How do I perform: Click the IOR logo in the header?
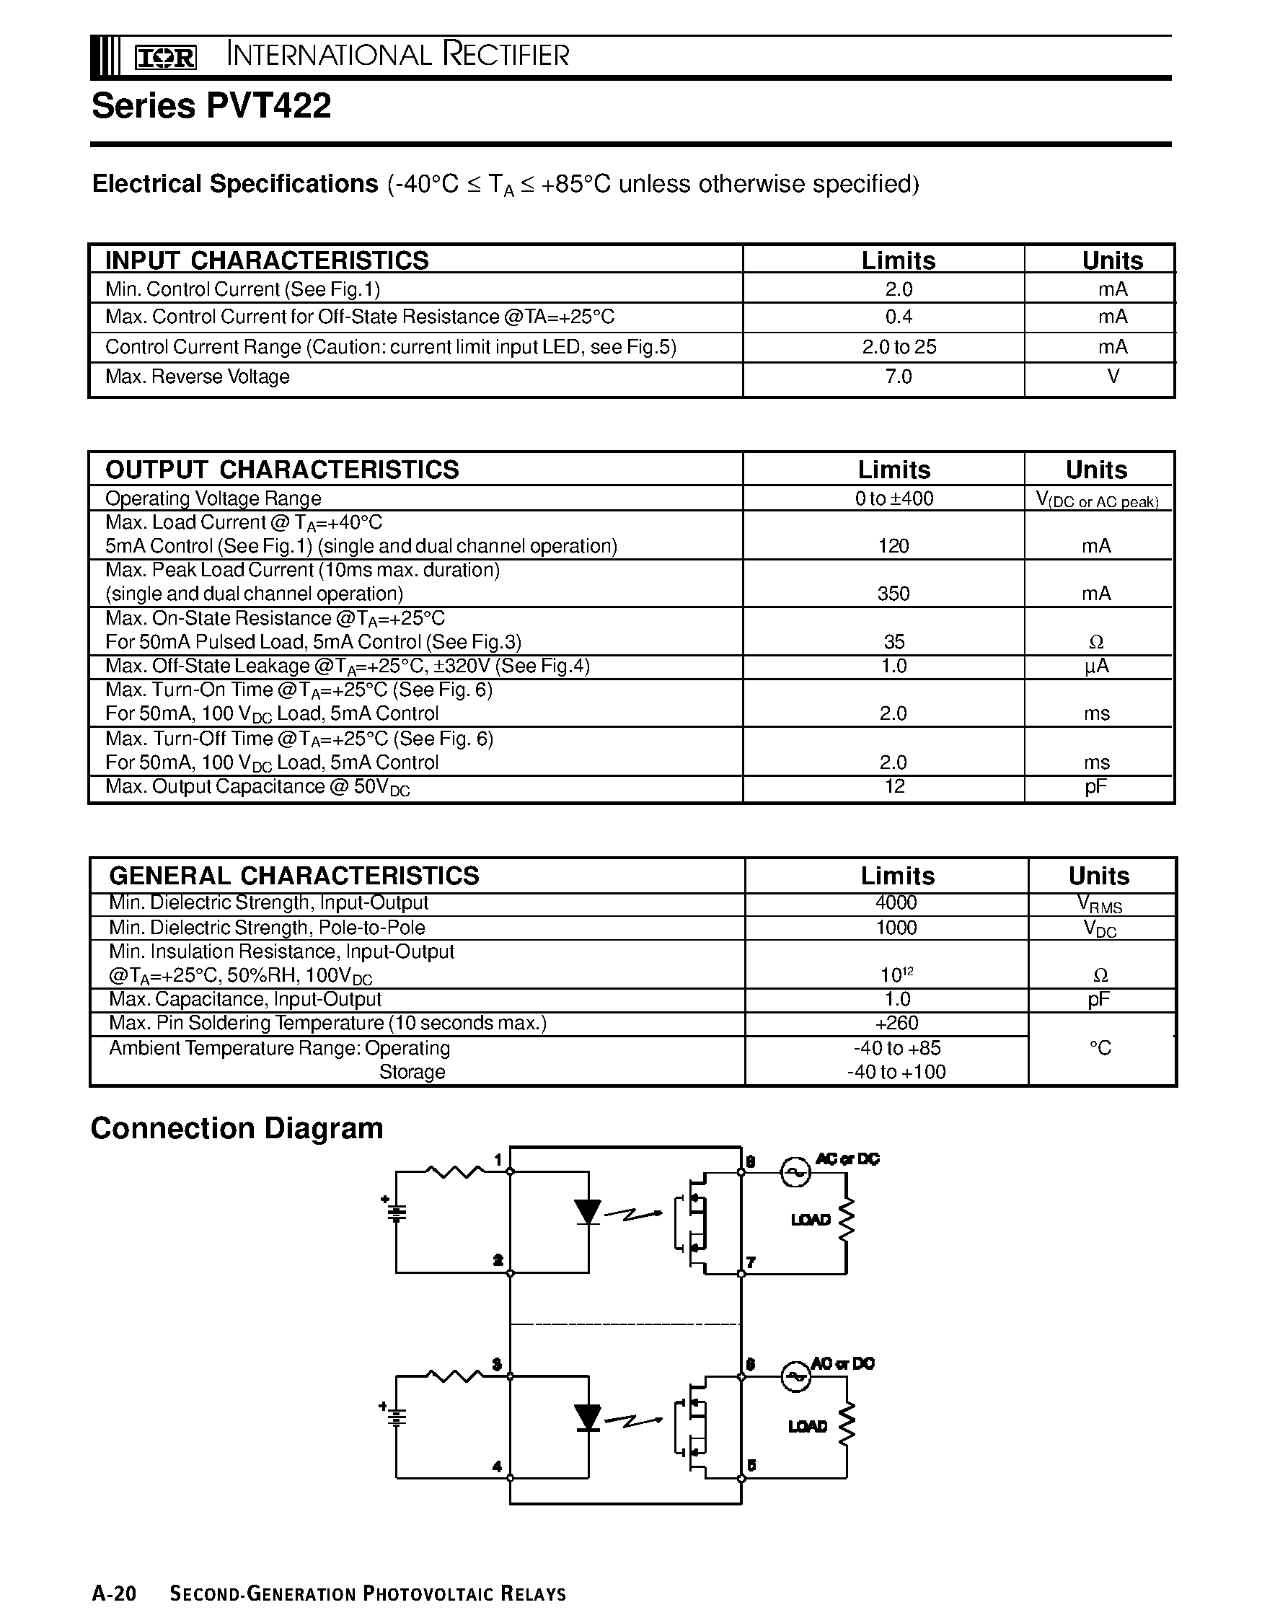coord(165,57)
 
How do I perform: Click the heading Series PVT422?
coord(211,105)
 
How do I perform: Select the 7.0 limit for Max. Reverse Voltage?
coord(898,377)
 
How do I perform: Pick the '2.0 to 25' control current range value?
coord(899,347)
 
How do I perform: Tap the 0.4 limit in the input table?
coord(898,317)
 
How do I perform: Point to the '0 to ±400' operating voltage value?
coord(893,498)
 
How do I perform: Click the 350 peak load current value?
coord(893,594)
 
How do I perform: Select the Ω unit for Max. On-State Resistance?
coord(1095,642)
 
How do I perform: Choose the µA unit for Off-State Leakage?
coord(1096,666)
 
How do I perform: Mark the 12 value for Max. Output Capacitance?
coord(894,786)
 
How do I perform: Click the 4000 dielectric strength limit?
coord(896,903)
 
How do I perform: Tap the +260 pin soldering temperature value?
coord(896,1024)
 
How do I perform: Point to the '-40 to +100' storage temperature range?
coord(896,1072)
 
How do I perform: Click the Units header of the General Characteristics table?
coord(1098,876)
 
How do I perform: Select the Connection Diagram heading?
coord(237,1128)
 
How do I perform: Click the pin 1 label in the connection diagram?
coord(498,1160)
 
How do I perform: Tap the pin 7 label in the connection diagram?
coord(751,1262)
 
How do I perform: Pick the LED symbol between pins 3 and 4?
coord(588,1417)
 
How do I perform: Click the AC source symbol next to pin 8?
coord(794,1173)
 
